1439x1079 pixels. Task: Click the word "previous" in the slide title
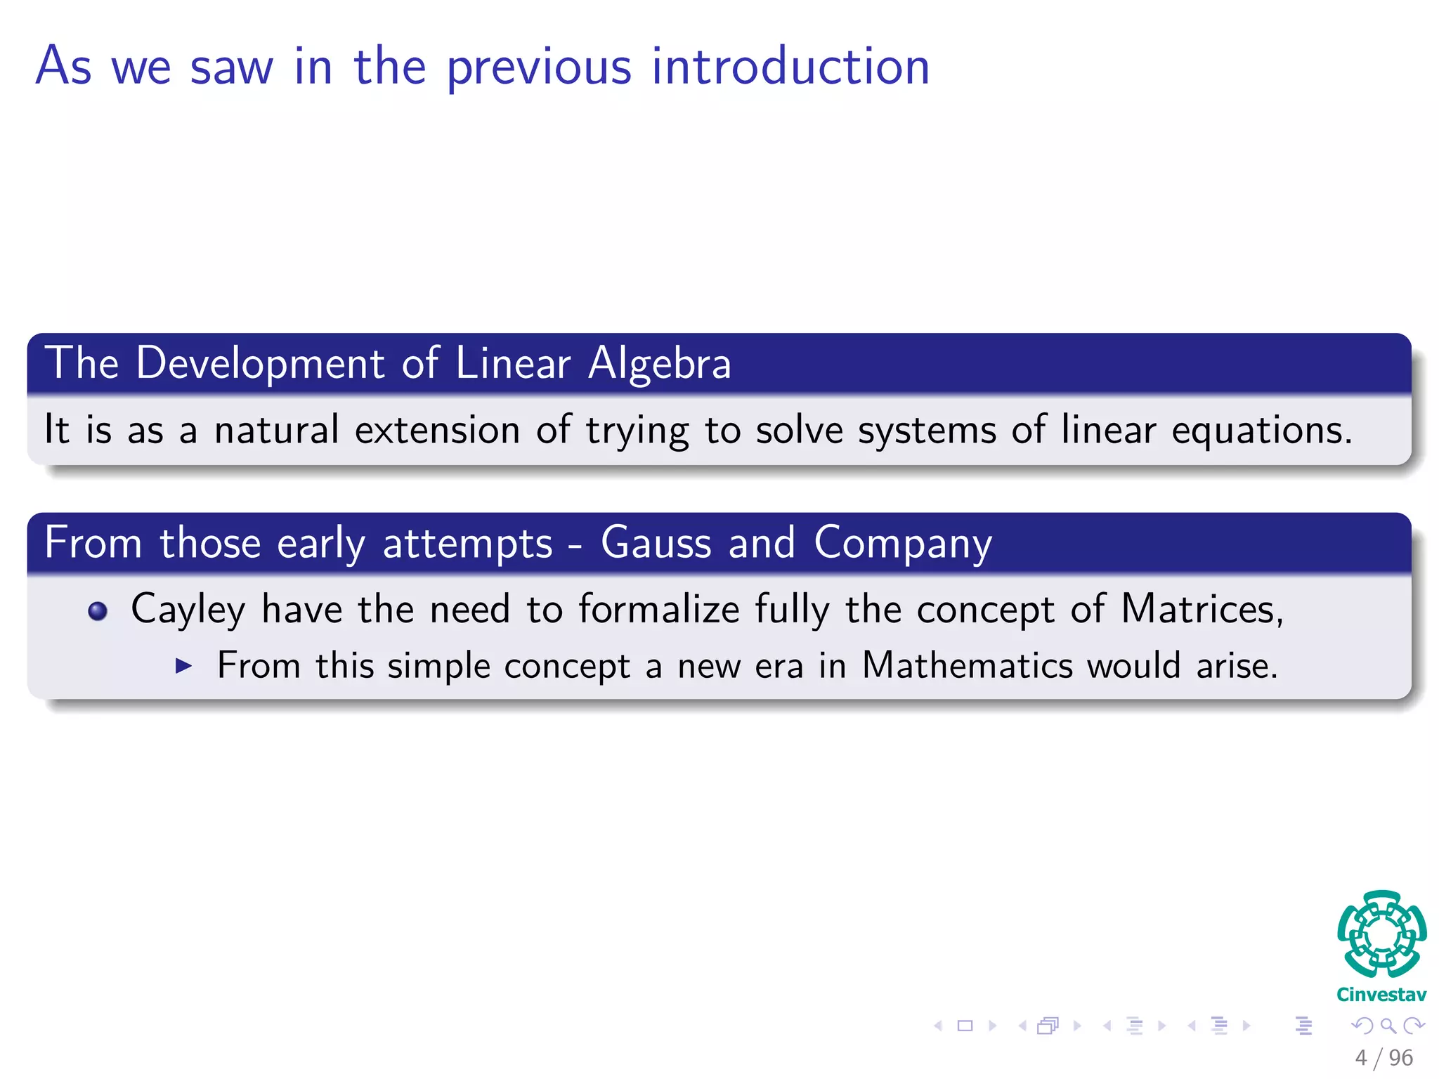click(539, 68)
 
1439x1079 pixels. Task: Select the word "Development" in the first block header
click(260, 363)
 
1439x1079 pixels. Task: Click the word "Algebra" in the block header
click(660, 365)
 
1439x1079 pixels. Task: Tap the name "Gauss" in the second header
click(656, 543)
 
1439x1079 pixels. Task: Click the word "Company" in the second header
click(903, 544)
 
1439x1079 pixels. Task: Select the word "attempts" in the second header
click(467, 544)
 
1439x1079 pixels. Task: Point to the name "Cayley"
click(188, 610)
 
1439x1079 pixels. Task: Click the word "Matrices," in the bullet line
click(1202, 608)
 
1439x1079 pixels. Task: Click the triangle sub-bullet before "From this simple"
click(183, 665)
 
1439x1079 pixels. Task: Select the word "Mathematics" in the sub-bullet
click(967, 665)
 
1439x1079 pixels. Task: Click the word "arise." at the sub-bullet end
click(1237, 665)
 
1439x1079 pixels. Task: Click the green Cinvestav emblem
click(1381, 934)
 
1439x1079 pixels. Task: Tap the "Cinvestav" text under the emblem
click(1381, 995)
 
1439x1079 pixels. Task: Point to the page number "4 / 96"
click(1383, 1057)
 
